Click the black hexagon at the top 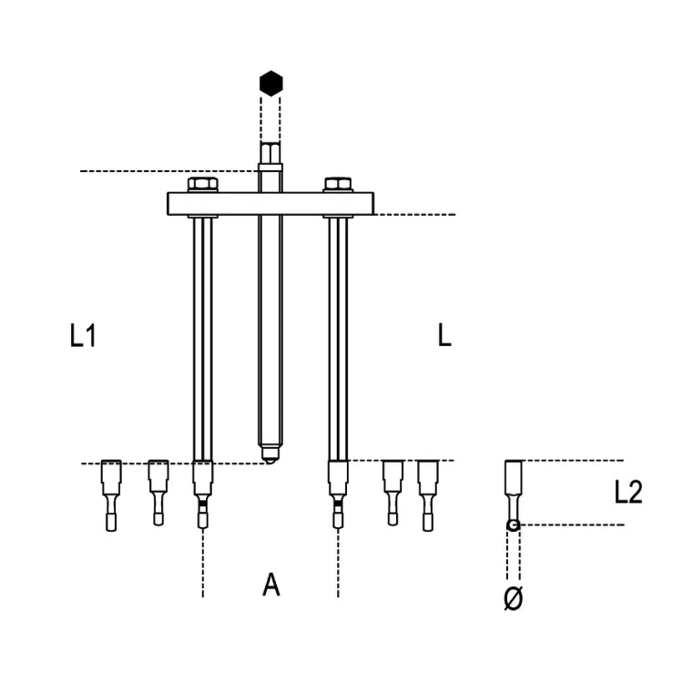click(270, 83)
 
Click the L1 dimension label click(83, 337)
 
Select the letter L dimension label click(443, 337)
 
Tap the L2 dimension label click(628, 493)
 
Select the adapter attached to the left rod click(203, 493)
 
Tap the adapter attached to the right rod click(338, 493)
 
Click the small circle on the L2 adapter click(514, 525)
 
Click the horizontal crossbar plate click(270, 204)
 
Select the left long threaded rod click(203, 337)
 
